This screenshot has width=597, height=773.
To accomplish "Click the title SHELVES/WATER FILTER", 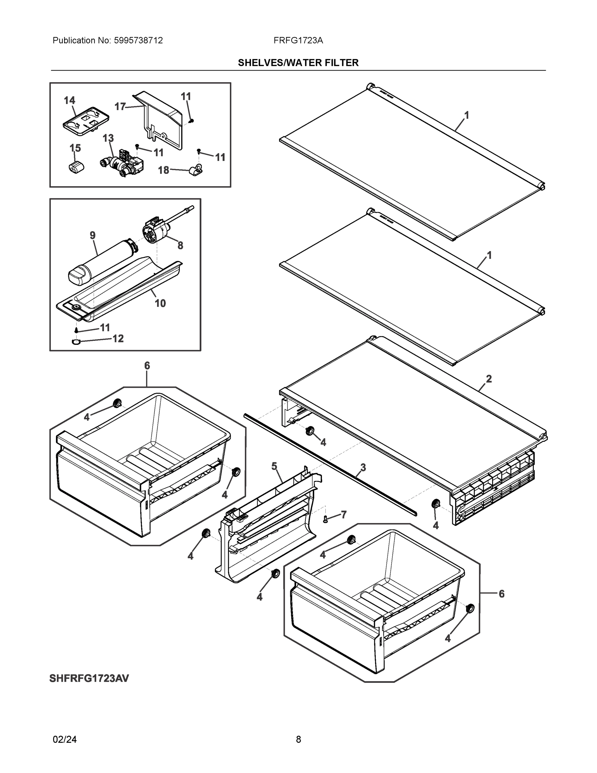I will click(298, 63).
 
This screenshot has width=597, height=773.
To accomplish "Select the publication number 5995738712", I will click(138, 40).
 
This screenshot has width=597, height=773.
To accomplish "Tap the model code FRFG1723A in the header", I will click(298, 40).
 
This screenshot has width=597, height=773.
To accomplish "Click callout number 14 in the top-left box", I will click(69, 100).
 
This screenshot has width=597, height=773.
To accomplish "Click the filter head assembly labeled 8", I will click(156, 230).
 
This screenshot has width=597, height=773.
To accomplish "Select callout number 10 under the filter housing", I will click(160, 303).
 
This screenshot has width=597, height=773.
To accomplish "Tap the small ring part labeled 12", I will click(76, 341).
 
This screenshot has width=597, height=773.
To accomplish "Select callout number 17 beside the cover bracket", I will click(120, 106).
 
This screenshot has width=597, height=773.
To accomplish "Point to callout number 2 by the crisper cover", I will click(489, 379).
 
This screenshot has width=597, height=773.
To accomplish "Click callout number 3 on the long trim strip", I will click(363, 467).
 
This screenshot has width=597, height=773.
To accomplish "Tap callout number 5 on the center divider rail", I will click(274, 466).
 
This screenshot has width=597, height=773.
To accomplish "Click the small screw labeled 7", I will click(326, 519).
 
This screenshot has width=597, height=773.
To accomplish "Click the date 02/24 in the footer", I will click(65, 740).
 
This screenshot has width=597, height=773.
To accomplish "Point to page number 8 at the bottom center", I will click(298, 740).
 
